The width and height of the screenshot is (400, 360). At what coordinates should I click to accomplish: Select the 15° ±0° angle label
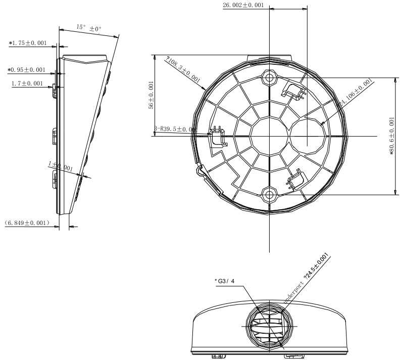click(x=89, y=27)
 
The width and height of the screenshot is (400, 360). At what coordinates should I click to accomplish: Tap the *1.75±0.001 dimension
click(x=28, y=43)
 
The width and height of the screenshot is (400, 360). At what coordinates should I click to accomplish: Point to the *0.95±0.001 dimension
click(x=26, y=70)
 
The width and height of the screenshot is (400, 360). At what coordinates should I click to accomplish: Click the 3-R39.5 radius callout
click(x=174, y=129)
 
